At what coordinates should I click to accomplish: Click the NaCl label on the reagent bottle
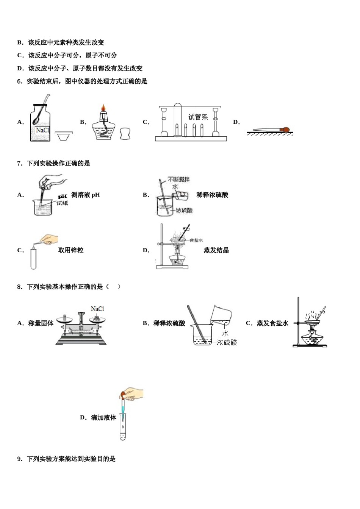pyautogui.click(x=42, y=130)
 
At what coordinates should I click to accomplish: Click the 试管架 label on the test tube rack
pyautogui.click(x=198, y=117)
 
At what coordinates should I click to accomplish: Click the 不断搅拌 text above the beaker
pyautogui.click(x=179, y=179)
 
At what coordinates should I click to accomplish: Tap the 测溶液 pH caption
pyautogui.click(x=86, y=195)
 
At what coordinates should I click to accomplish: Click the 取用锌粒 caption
pyautogui.click(x=70, y=250)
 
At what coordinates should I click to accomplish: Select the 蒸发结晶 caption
pyautogui.click(x=216, y=250)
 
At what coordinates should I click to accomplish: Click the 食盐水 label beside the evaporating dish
pyautogui.click(x=196, y=240)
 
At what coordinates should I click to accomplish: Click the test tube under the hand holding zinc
pyautogui.click(x=33, y=258)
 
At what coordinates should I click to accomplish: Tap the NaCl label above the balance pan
pyautogui.click(x=97, y=309)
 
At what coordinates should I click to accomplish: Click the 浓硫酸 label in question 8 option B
pyautogui.click(x=227, y=342)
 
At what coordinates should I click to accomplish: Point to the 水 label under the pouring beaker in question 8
pyautogui.click(x=225, y=333)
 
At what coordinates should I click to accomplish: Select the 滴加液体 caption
pyautogui.click(x=103, y=418)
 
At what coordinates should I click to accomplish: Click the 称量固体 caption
pyautogui.click(x=41, y=323)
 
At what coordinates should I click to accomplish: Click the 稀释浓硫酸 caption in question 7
pyautogui.click(x=212, y=195)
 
